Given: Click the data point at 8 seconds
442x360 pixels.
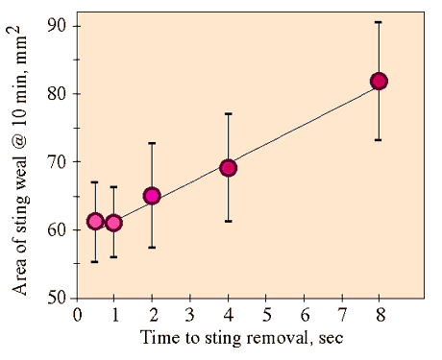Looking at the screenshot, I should tap(379, 82).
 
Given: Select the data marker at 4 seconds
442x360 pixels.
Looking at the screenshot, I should tap(228, 168).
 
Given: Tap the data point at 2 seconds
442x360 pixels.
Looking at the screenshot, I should tap(152, 196).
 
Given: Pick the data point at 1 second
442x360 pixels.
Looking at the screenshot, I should tap(114, 223).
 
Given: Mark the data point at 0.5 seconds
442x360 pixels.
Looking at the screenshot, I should tap(95, 222).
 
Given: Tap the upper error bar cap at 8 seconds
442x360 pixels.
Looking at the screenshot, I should tap(379, 22).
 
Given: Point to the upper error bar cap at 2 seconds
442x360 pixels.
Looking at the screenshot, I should tap(152, 143).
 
